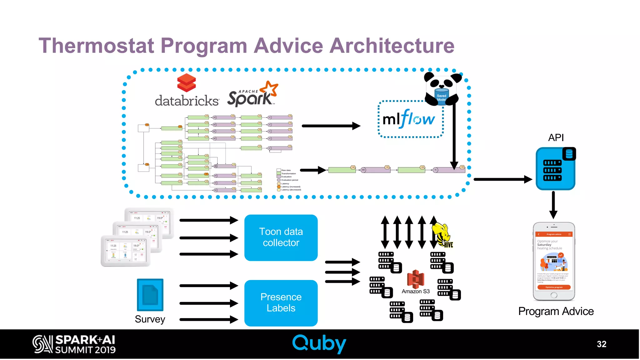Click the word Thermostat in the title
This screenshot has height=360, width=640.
click(96, 46)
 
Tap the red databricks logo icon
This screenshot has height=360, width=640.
click(186, 83)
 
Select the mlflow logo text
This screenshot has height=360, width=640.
click(408, 119)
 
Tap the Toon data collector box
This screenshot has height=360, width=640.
click(281, 237)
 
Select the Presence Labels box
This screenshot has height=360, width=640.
click(281, 303)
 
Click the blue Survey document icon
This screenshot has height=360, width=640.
click(150, 295)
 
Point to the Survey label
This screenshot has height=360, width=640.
click(150, 319)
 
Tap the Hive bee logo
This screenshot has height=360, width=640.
click(442, 235)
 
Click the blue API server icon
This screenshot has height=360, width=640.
click(555, 169)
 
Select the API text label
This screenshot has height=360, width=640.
click(556, 137)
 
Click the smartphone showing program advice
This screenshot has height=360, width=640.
click(553, 261)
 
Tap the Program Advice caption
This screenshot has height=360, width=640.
click(556, 311)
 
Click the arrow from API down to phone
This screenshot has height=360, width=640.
click(553, 205)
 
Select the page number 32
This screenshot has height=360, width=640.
click(601, 344)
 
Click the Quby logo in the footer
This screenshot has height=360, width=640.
click(319, 343)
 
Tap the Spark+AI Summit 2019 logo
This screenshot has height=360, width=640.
click(74, 344)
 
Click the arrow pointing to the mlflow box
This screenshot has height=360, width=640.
click(331, 126)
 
